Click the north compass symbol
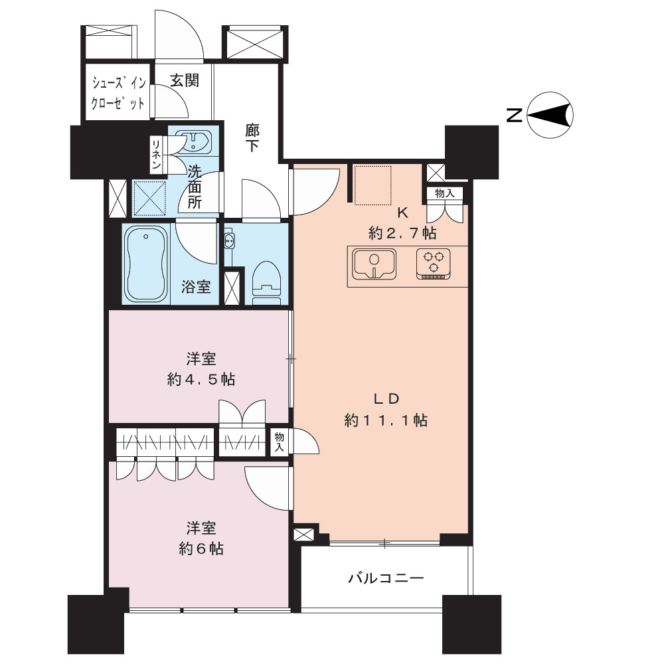pos(550,115)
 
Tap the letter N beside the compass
pos(515,115)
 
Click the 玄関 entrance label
pos(185,80)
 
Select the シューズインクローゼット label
pos(118,93)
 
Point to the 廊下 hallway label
pos(252,137)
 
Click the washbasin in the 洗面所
pos(193,141)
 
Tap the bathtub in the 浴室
pos(146,264)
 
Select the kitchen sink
pos(374,264)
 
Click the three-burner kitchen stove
pos(433,264)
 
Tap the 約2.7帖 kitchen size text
pos(402,233)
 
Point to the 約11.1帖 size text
pos(386,420)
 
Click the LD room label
pos(386,399)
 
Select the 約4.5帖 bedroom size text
pos(201,379)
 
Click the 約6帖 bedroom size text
pos(201,549)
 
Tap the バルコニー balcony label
pos(386,578)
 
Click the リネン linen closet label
pos(157,154)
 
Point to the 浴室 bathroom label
pos(196,287)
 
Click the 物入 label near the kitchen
pos(444,193)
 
